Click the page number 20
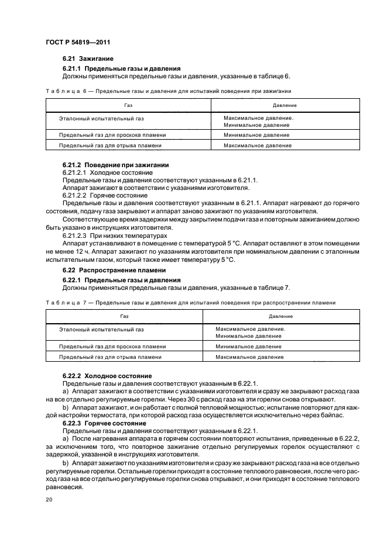coord(49,500)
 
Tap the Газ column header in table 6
coord(128,105)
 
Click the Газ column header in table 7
coord(124,316)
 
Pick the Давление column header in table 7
coord(281,316)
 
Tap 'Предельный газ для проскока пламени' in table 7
coord(108,346)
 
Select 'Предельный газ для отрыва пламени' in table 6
coord(106,145)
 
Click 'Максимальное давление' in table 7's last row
coord(249,356)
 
